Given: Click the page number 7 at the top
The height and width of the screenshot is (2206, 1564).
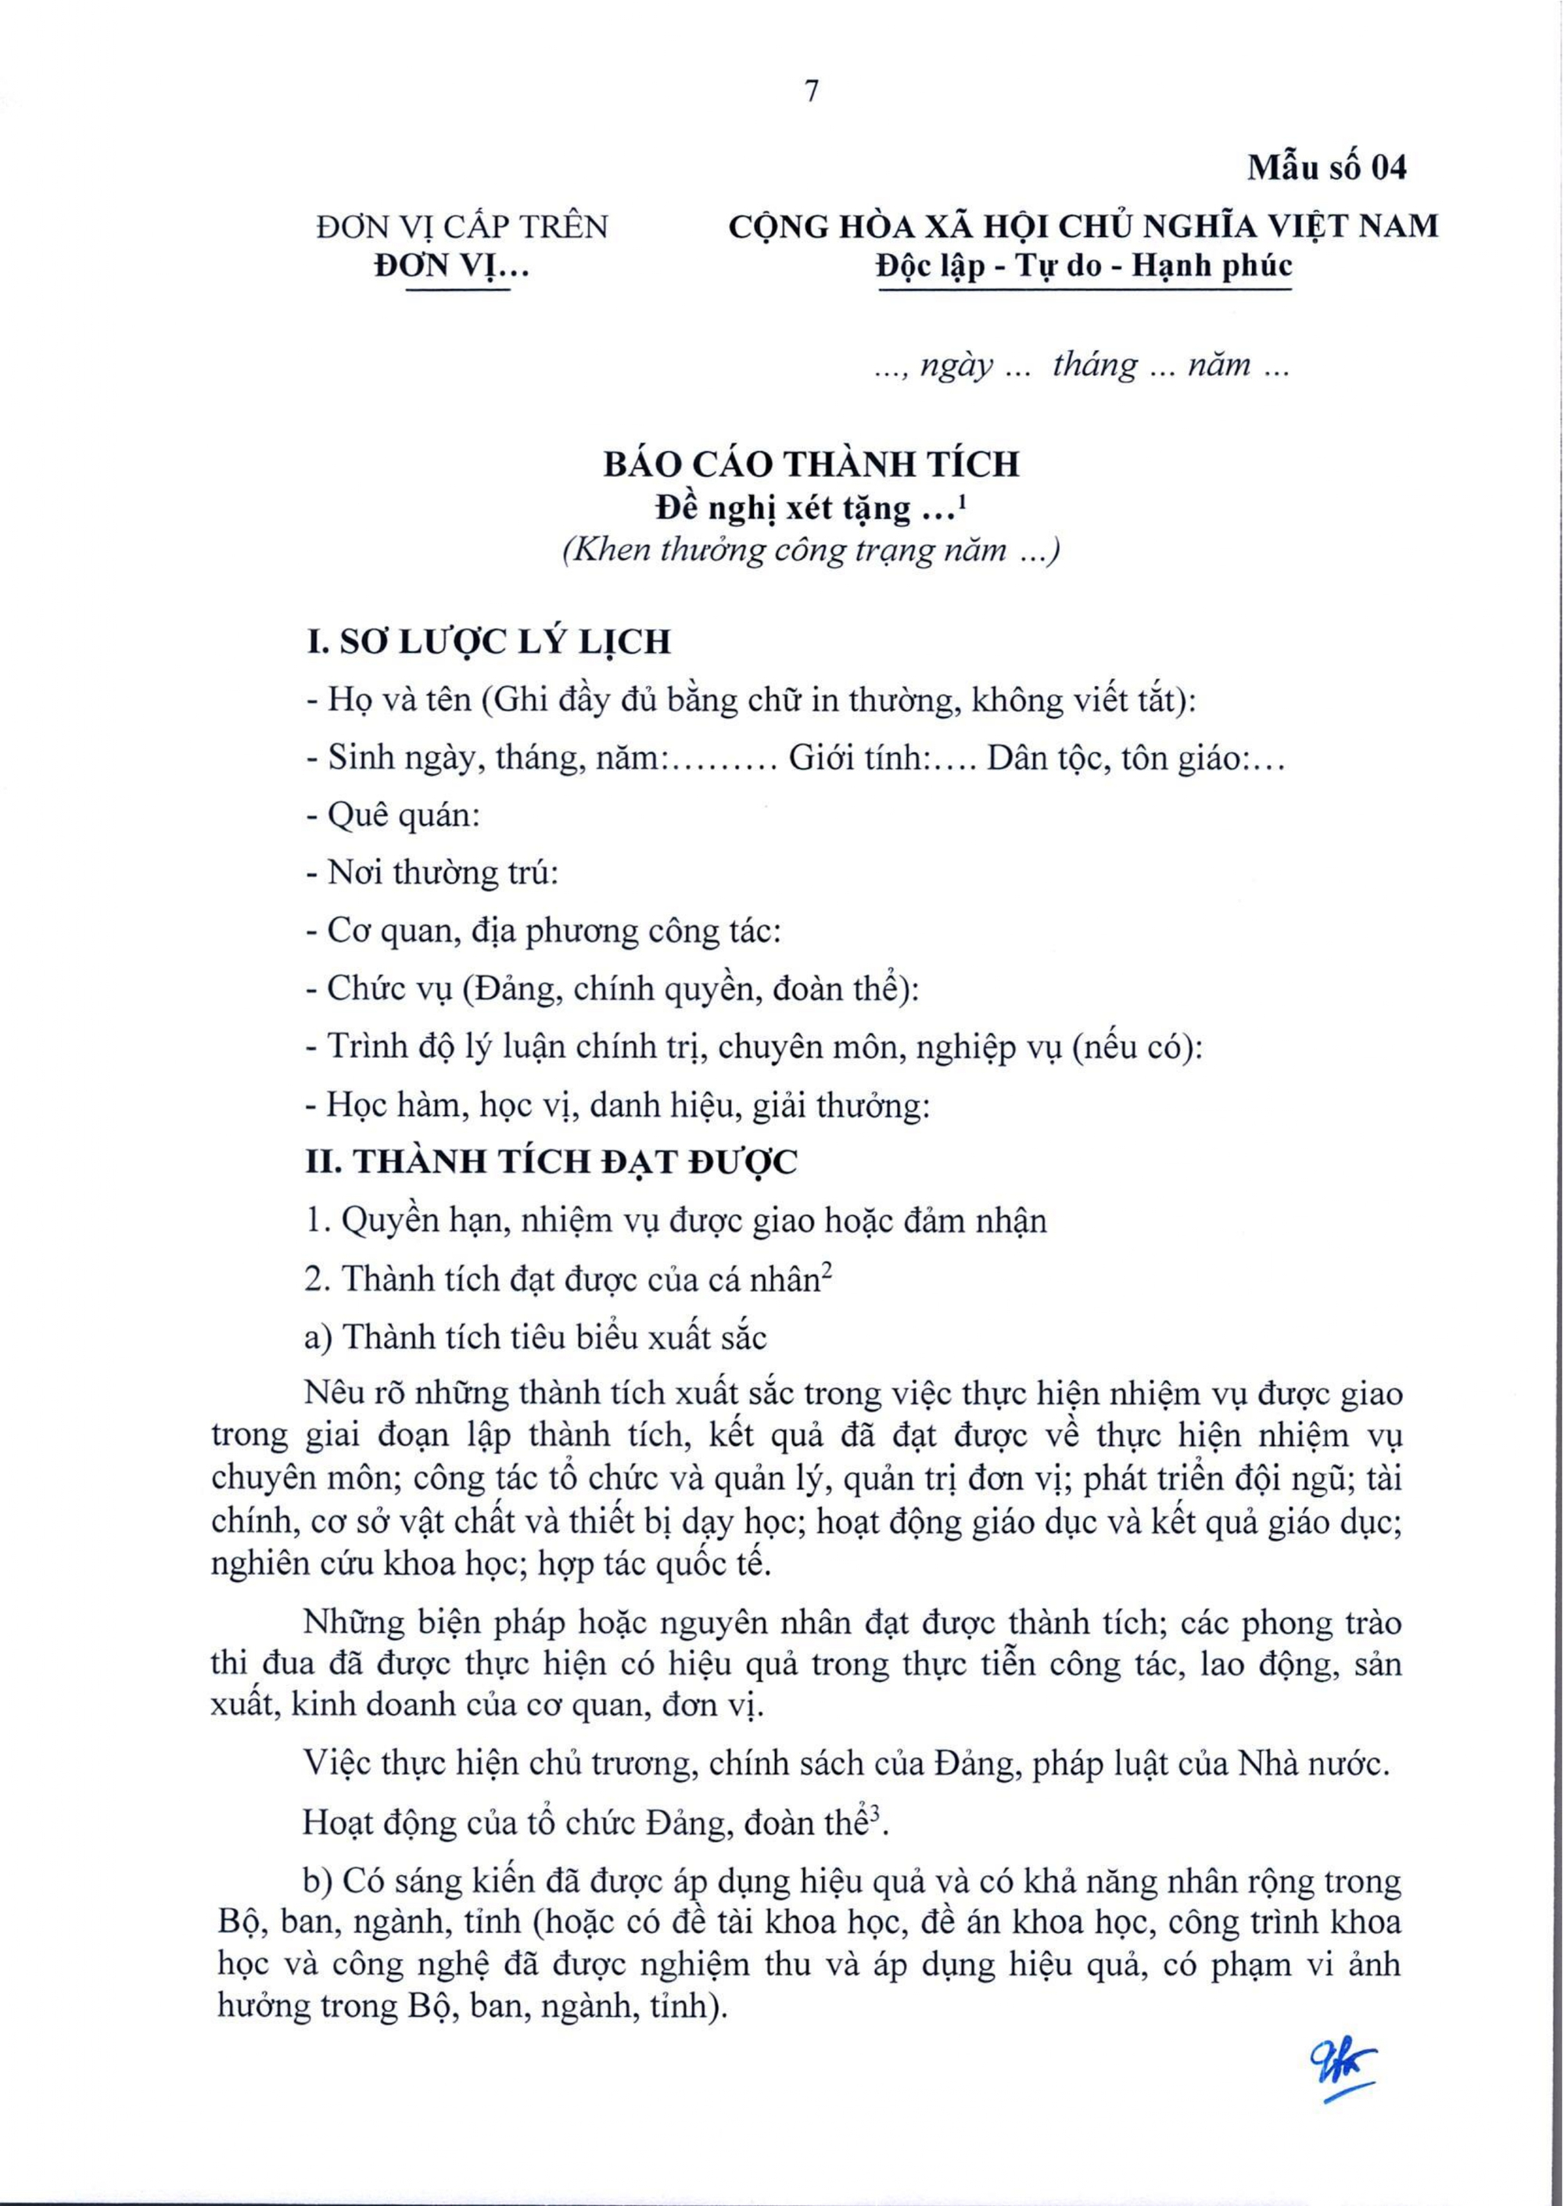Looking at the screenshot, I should coord(811,91).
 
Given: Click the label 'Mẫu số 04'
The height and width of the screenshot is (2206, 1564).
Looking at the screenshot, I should coord(1327,168).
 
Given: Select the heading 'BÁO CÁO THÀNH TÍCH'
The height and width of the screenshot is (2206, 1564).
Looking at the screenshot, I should coord(811,465).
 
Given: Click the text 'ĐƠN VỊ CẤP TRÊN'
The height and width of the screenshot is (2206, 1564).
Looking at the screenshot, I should coord(462,228).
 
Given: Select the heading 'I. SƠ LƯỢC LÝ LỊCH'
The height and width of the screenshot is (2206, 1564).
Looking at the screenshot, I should coord(488,642).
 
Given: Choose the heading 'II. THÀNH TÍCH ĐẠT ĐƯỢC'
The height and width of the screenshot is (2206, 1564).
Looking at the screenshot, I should coord(551,1162).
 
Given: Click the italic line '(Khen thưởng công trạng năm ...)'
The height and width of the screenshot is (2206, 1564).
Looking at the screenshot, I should coord(811,551).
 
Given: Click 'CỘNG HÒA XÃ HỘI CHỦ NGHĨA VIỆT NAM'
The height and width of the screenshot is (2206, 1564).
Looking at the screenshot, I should coord(1083,228).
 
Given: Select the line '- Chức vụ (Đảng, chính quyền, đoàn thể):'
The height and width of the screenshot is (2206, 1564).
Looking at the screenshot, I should coord(612,989).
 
